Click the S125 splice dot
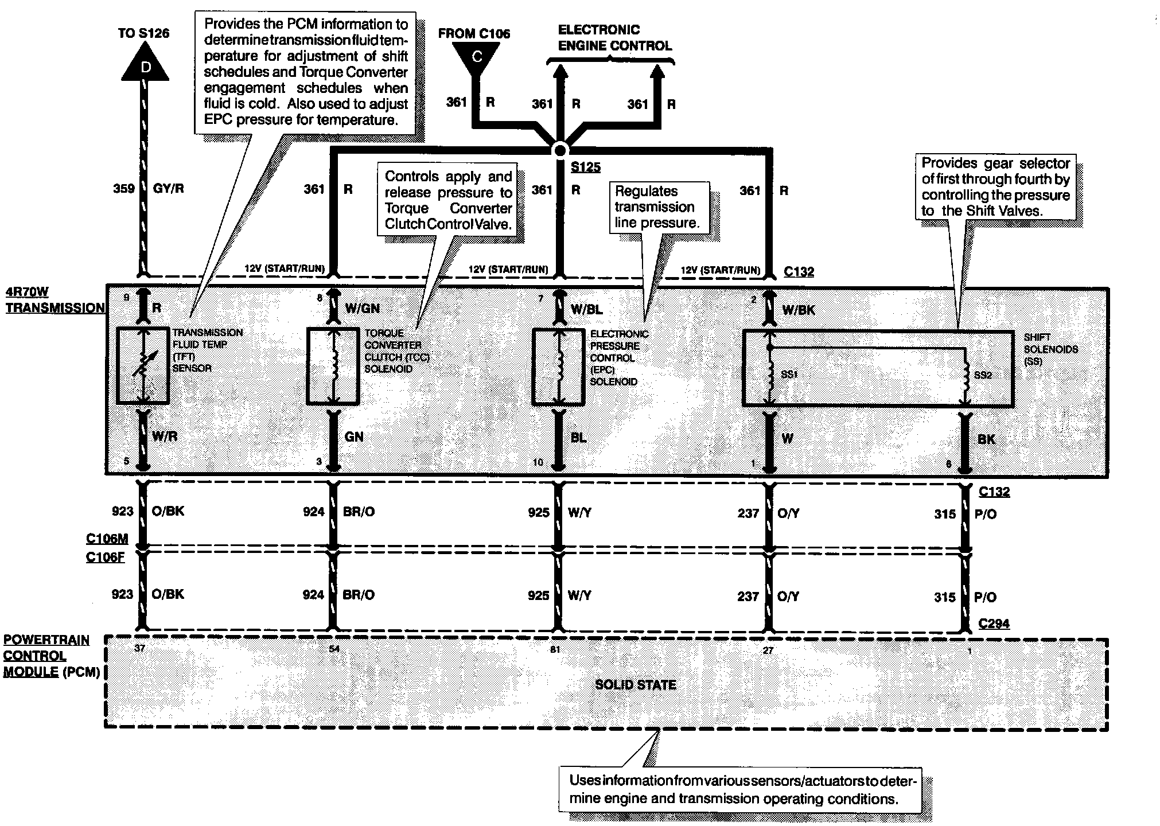[x=560, y=150]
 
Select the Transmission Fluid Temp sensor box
[x=142, y=365]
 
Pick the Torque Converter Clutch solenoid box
[x=333, y=365]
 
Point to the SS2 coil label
[x=982, y=375]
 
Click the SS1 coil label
[x=789, y=374]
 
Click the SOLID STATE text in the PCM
[x=635, y=684]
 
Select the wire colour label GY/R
[x=169, y=189]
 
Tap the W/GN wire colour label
[x=362, y=309]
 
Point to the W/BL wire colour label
[x=586, y=310]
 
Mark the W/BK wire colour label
[x=799, y=310]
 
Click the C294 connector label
[x=994, y=624]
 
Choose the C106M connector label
[x=107, y=539]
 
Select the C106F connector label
[x=105, y=557]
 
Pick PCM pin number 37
[x=140, y=648]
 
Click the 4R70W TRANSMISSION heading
[x=55, y=300]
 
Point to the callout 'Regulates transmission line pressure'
[x=657, y=207]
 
